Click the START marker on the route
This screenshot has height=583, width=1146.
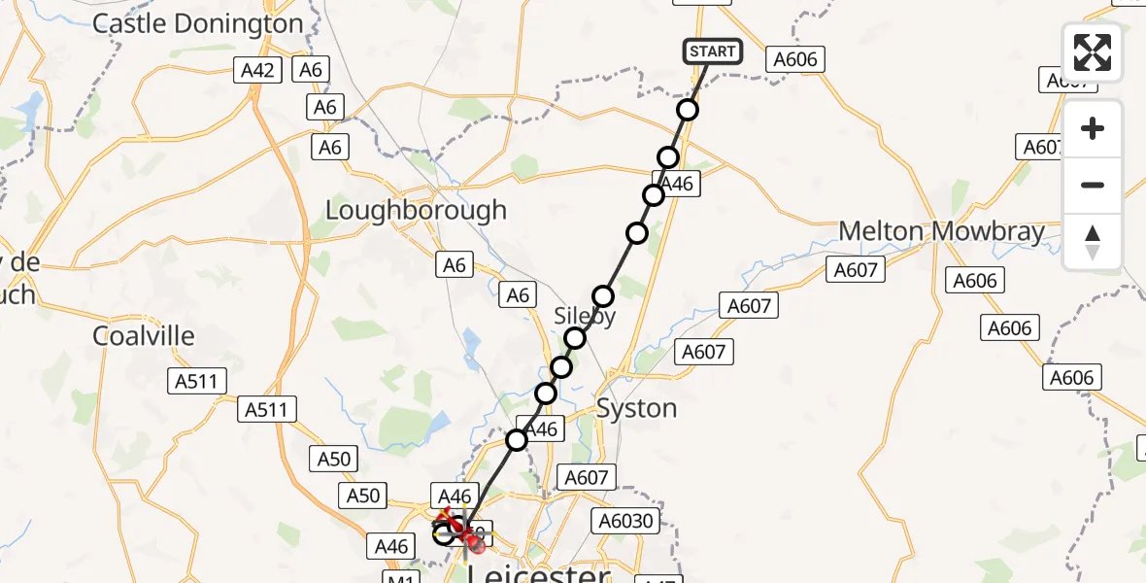tap(714, 51)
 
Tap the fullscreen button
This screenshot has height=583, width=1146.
tap(1093, 52)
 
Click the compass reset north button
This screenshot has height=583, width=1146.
tap(1093, 241)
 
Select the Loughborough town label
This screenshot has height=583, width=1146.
tap(416, 210)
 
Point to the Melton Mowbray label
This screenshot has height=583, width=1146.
tap(941, 232)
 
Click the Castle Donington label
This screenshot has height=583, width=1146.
tap(197, 23)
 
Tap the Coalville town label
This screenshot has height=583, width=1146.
tap(144, 336)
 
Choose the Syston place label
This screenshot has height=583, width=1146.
tap(636, 408)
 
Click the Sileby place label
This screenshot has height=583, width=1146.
tap(585, 317)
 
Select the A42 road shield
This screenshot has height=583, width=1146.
tap(258, 70)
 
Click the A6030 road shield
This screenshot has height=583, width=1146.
tap(626, 522)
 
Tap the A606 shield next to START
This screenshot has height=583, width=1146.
tap(795, 60)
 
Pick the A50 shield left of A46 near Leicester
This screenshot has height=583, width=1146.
tap(362, 496)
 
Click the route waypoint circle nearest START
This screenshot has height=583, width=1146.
tap(688, 110)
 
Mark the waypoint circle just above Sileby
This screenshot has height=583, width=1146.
tap(603, 296)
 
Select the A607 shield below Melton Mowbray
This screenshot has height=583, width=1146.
tap(855, 270)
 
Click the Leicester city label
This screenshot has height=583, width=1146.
tap(539, 575)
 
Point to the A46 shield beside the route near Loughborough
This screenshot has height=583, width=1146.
tap(677, 184)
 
